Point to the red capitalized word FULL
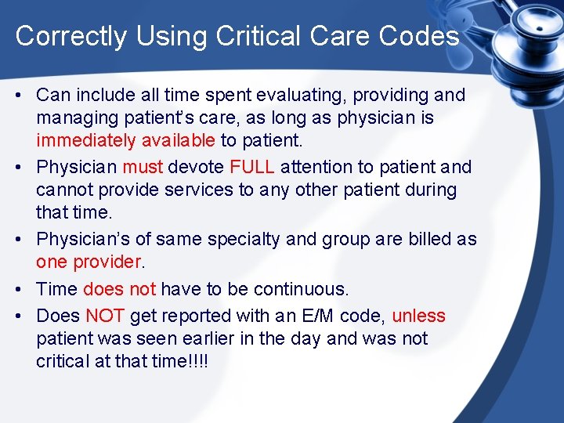click(251, 167)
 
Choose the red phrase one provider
click(89, 262)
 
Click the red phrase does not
click(119, 289)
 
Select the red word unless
click(418, 316)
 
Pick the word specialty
click(223, 238)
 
